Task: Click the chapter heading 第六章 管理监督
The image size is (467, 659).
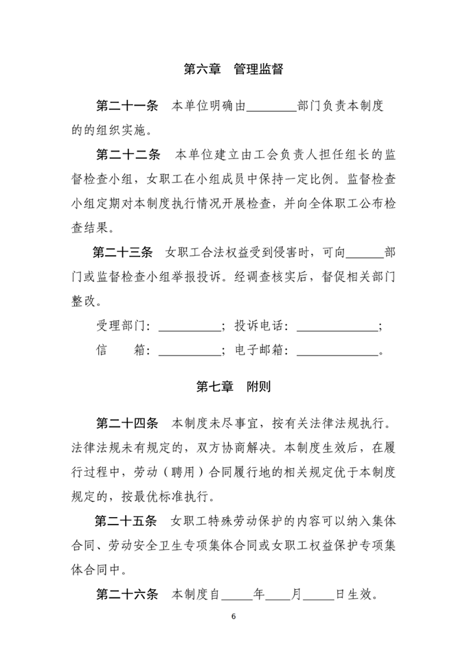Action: point(233,69)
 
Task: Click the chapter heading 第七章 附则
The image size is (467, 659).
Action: point(233,387)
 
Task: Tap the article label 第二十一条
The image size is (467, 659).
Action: point(127,106)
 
